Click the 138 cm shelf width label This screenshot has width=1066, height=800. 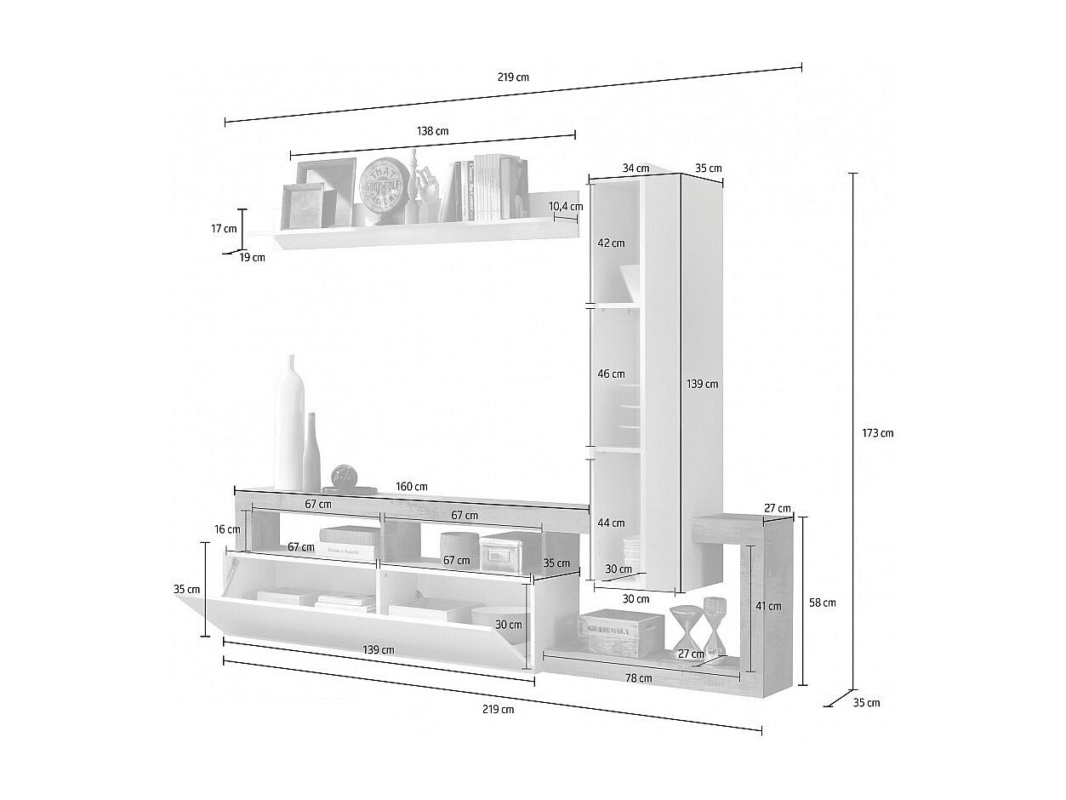[432, 131]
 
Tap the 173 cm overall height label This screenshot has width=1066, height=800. [877, 433]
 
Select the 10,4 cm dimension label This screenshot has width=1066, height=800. [566, 206]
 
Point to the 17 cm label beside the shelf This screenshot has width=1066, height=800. [224, 228]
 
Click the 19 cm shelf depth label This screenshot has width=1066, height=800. [252, 257]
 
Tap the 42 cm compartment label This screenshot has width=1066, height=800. [611, 243]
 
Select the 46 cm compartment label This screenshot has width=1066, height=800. [611, 374]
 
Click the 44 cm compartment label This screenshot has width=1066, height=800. [611, 523]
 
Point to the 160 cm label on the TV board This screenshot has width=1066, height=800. [412, 487]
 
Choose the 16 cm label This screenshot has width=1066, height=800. [227, 529]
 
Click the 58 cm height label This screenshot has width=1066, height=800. [822, 603]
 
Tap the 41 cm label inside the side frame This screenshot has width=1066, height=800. [768, 606]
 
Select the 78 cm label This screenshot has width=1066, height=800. [639, 678]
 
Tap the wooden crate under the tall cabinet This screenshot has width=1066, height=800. [620, 631]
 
